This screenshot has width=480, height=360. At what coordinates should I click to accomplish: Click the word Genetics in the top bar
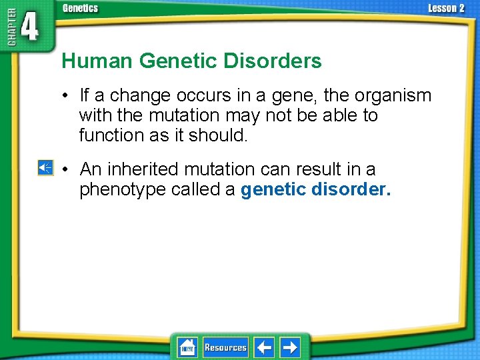pos(80,8)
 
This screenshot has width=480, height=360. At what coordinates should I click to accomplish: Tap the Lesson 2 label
pos(446,8)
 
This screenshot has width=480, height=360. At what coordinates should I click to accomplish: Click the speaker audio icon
pos(45,168)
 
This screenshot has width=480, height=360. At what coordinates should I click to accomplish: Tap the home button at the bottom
pos(187,347)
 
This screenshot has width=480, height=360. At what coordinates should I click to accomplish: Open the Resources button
pos(225,347)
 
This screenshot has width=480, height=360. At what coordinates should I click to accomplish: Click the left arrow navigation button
pos(264,347)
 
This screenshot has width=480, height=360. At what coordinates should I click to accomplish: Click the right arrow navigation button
pos(289,347)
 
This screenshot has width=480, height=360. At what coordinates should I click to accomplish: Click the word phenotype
pos(122,190)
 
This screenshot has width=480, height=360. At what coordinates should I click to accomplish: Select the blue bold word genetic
pos(273,190)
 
